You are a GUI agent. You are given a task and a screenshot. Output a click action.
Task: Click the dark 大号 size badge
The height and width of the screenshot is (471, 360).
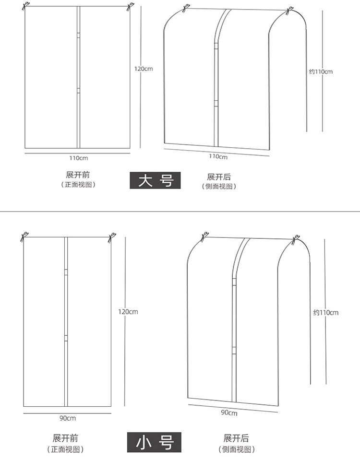tap(155, 180)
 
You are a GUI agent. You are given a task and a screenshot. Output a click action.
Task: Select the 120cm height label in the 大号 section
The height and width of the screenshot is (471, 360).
tap(144, 69)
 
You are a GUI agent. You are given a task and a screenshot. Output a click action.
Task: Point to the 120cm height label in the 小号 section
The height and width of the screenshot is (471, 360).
tap(128, 312)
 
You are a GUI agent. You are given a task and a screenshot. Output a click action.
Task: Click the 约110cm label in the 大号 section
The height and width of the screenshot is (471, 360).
tap(321, 71)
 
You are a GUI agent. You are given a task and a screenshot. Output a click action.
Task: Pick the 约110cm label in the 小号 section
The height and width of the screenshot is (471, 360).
tap(326, 312)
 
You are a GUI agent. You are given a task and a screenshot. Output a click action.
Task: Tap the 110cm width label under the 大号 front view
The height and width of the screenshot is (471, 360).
tap(78, 157)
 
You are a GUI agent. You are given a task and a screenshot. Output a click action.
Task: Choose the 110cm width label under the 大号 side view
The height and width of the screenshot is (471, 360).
tap(218, 156)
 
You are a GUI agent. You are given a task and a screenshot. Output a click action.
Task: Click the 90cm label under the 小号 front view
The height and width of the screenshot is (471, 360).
tap(68, 418)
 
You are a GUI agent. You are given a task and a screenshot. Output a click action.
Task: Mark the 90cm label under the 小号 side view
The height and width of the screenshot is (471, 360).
tap(229, 412)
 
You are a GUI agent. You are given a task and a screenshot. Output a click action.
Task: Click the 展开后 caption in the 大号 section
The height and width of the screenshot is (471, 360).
tap(219, 177)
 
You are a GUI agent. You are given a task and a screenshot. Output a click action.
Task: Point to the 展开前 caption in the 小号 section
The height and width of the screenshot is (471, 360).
tap(65, 438)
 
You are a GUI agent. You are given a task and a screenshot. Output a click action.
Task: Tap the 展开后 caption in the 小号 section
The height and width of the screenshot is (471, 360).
tap(236, 438)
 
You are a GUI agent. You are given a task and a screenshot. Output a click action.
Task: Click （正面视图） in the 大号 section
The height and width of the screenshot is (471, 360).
tap(78, 185)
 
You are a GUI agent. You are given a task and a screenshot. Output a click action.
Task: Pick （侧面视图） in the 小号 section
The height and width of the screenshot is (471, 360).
tap(236, 449)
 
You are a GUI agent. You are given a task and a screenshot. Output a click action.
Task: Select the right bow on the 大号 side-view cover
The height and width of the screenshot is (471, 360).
tap(290, 11)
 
